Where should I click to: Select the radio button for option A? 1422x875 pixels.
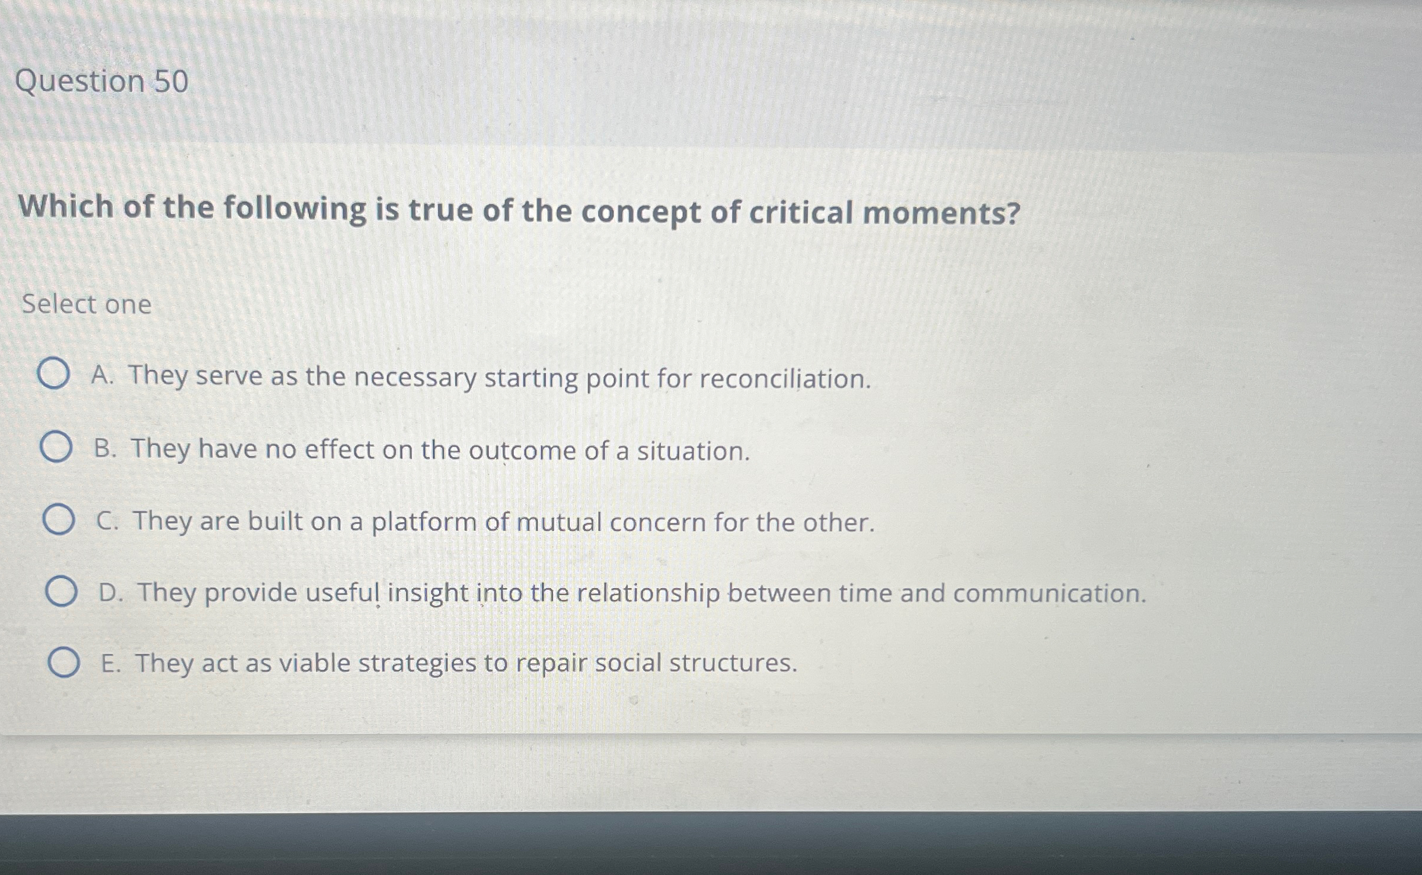[53, 374]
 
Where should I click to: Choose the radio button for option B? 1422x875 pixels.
[56, 448]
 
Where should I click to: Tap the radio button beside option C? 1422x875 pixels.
[59, 520]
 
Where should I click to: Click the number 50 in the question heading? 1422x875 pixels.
[171, 81]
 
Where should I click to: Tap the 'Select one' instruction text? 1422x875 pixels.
[87, 305]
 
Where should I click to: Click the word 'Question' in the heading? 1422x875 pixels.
[79, 81]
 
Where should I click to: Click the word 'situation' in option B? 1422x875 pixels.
[692, 451]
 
